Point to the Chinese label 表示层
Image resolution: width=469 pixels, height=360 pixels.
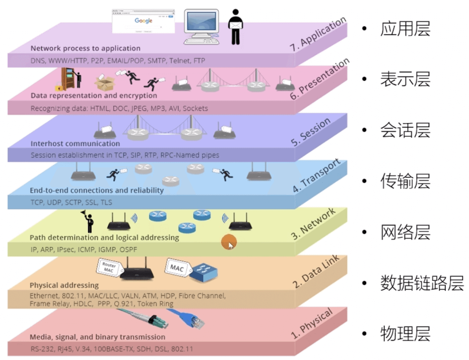[405, 79]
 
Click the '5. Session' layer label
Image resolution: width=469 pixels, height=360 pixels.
[311, 133]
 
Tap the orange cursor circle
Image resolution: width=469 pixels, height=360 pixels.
[229, 242]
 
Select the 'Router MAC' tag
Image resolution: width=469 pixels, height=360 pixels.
[108, 268]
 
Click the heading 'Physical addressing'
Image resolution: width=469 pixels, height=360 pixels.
[64, 285]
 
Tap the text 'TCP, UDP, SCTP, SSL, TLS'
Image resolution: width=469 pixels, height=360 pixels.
[71, 202]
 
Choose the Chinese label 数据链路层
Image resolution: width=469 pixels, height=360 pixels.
[422, 283]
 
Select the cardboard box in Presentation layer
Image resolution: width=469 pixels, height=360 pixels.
[104, 83]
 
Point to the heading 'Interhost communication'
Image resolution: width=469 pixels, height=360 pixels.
[75, 143]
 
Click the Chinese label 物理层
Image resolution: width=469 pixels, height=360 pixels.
[405, 334]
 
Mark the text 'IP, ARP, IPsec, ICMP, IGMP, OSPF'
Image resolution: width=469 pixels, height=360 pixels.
[84, 250]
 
